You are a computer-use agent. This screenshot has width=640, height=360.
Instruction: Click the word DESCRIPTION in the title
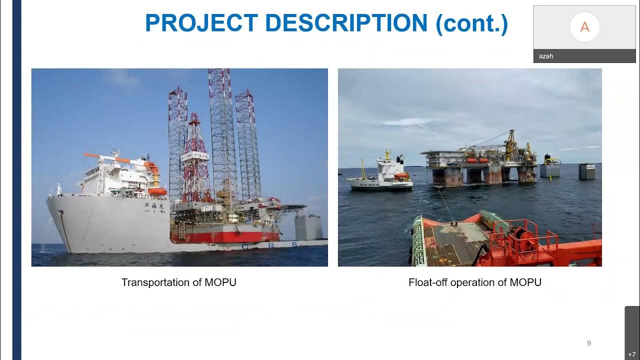coord(345,23)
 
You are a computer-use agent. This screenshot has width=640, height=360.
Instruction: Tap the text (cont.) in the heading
coord(472,23)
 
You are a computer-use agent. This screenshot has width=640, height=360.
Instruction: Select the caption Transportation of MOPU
coord(178,282)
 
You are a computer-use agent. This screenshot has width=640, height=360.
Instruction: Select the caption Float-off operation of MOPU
coord(474,282)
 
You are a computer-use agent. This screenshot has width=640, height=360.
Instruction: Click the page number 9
coord(588,343)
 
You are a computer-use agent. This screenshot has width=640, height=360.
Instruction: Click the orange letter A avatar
coord(584,27)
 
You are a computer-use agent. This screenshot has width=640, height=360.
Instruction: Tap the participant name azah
coord(545,56)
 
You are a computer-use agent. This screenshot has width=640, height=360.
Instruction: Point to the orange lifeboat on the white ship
coord(157,191)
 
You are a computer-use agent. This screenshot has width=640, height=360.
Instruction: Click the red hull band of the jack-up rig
coord(225,235)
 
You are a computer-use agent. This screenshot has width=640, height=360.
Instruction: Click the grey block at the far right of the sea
coord(587,171)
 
